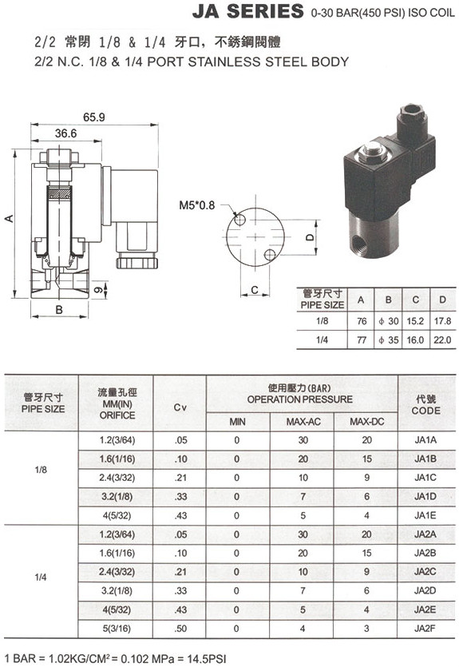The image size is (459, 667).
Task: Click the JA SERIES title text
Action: click(247, 11)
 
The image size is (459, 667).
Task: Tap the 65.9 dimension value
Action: click(94, 117)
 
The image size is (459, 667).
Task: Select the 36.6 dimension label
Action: click(65, 133)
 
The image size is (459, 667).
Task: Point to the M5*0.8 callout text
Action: click(197, 205)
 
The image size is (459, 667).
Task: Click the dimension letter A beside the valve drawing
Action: click(9, 219)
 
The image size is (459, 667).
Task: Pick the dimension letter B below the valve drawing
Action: click(59, 310)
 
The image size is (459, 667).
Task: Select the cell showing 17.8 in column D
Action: click(442, 321)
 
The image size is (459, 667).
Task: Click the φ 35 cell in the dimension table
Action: click(389, 339)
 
